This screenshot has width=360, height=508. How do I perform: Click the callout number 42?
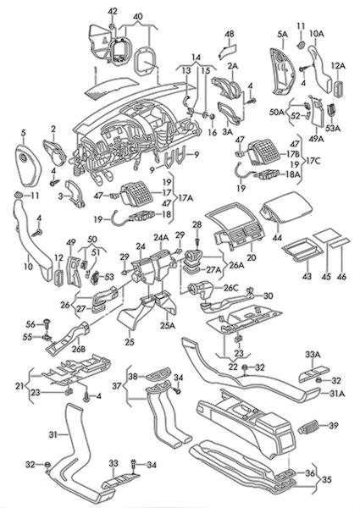click(x=112, y=11)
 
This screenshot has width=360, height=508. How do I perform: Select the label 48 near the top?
click(x=230, y=33)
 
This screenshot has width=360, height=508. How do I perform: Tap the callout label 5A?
click(x=282, y=34)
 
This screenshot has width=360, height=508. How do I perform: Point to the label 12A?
click(x=338, y=66)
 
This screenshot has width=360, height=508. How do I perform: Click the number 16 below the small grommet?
click(x=213, y=132)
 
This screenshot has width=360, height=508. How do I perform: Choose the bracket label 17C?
click(x=313, y=161)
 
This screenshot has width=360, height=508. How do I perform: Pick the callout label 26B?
click(x=79, y=349)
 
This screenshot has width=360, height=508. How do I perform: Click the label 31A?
click(x=337, y=394)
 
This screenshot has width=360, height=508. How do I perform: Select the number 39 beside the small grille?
click(x=334, y=425)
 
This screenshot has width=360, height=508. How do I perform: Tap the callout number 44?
click(x=277, y=237)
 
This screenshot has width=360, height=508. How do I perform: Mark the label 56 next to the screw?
click(x=30, y=323)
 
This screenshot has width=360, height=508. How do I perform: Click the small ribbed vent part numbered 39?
click(x=309, y=427)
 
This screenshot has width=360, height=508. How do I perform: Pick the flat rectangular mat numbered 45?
click(x=326, y=235)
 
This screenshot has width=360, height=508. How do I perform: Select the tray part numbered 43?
click(x=302, y=249)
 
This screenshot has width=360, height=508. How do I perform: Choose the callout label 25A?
click(x=168, y=325)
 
